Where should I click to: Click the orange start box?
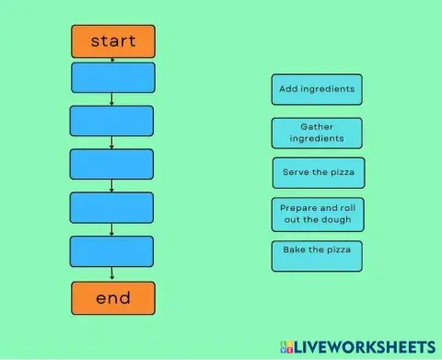click(113, 41)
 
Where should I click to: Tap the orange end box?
click(113, 298)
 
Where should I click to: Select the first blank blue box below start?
click(113, 77)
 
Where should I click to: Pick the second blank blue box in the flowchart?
click(111, 121)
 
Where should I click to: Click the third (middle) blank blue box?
click(111, 164)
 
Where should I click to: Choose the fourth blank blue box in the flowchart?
click(111, 207)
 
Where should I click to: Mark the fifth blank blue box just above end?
click(111, 251)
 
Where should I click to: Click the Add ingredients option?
click(317, 90)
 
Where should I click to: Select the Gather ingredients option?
click(317, 133)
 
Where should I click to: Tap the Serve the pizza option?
click(318, 172)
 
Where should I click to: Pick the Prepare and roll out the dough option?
click(317, 214)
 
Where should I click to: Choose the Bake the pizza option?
click(317, 256)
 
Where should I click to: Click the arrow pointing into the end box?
click(112, 274)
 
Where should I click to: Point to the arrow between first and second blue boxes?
click(112, 99)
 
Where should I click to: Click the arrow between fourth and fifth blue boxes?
click(112, 230)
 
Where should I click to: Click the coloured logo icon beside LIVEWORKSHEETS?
click(286, 348)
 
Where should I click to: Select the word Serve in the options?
click(297, 172)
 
